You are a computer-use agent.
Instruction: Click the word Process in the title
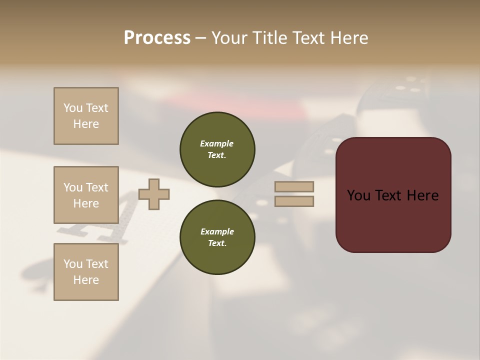coord(157,38)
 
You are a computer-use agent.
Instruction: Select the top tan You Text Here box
coord(86,116)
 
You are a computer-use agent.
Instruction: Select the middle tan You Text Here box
coord(86,195)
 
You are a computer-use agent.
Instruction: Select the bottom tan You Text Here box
coord(86,272)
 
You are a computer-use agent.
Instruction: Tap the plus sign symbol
coord(154,194)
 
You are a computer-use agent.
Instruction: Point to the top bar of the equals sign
coord(294,186)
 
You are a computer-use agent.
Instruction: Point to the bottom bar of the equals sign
coord(294,201)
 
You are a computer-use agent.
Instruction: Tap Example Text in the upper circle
coord(217,149)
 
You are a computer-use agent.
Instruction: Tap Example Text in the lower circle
coord(217,237)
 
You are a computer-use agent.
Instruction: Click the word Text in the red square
coord(393,195)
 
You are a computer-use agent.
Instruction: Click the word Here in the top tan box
coord(86,124)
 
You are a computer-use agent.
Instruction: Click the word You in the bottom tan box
coord(73,264)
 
